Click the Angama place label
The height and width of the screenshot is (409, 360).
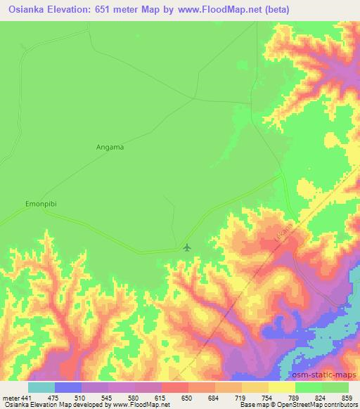pos(109,147)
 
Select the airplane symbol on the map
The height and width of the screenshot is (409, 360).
pos(186,247)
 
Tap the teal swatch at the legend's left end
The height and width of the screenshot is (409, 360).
pos(41,387)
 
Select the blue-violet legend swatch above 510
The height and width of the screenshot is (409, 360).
pos(68,387)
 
